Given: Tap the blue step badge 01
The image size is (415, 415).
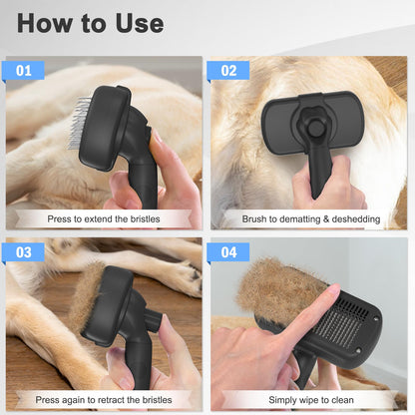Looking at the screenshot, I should coord(24,71).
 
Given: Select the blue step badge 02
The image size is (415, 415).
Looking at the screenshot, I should coord(229,71).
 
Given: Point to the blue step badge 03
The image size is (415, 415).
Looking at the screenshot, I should coord(24,252).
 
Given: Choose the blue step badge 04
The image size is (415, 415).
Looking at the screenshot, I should coord(229,252).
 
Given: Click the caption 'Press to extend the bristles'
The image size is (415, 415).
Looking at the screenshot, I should coord(104,217).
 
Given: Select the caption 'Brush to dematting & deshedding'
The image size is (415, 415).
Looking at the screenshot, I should coord(308,217).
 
